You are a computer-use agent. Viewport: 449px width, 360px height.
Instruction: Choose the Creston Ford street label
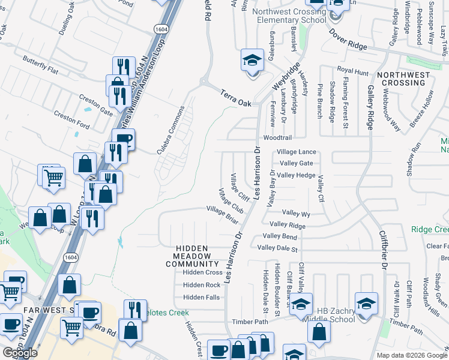click(71, 120)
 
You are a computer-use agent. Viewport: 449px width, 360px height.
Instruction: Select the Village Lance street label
click(296, 152)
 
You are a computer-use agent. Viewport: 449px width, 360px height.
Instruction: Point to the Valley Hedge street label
click(296, 175)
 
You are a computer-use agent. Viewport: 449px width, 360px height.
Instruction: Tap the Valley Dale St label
click(277, 247)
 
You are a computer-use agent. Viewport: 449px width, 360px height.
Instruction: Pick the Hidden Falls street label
click(201, 297)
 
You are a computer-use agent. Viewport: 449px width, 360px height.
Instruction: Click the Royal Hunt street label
click(352, 72)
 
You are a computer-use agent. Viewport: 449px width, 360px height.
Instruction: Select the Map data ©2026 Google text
click(412, 355)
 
